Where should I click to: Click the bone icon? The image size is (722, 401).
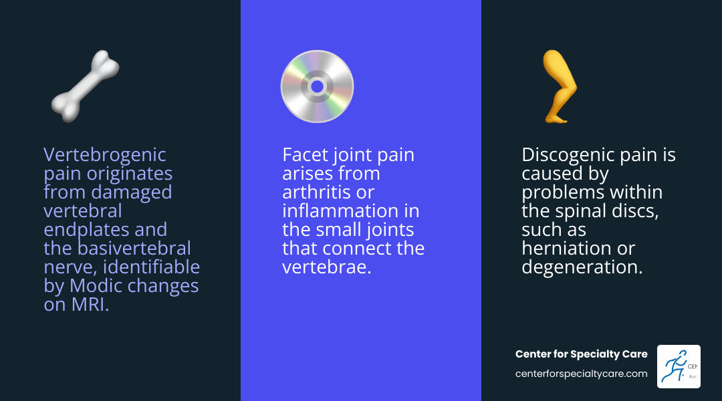point(86,86)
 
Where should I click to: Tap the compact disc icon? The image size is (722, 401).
point(317,87)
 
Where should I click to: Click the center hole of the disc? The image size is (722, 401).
point(317,87)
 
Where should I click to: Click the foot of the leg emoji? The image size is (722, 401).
point(555,118)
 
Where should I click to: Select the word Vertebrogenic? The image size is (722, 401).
point(105,155)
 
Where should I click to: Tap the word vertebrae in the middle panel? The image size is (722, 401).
point(325,267)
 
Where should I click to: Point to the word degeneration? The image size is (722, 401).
point(580,267)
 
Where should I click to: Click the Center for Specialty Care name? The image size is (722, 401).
point(581,354)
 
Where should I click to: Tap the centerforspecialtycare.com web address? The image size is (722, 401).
point(581,374)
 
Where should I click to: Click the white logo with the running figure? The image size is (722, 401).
point(679,366)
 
